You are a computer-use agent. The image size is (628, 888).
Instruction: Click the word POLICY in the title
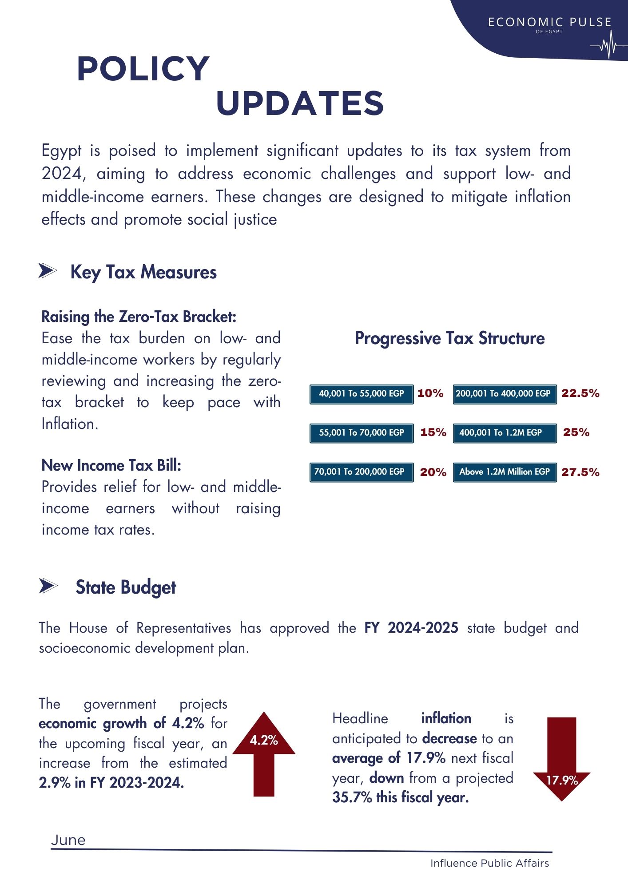tap(143, 69)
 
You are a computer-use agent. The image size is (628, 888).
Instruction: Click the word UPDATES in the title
tap(300, 103)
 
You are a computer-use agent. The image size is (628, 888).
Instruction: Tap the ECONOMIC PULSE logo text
tap(549, 23)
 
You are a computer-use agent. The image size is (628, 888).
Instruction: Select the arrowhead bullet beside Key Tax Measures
tap(48, 271)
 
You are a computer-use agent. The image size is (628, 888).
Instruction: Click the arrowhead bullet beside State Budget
tap(48, 586)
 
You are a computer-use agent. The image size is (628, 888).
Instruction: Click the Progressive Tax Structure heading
tap(449, 338)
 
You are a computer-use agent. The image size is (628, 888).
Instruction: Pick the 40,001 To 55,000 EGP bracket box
tap(362, 394)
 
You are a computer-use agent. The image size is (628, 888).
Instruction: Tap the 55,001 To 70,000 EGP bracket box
tap(362, 433)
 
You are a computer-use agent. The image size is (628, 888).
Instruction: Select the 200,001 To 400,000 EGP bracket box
tap(505, 394)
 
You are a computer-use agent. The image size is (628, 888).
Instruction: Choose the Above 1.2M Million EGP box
tap(505, 472)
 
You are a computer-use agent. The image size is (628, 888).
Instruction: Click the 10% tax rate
tap(430, 393)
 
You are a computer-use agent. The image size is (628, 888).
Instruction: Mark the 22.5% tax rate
tap(580, 393)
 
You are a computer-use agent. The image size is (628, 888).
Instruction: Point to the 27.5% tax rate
tap(580, 472)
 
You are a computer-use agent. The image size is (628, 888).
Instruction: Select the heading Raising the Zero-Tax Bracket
tap(139, 317)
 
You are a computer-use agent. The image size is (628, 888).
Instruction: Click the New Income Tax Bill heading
tap(111, 465)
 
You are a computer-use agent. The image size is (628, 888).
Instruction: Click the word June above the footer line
tap(68, 840)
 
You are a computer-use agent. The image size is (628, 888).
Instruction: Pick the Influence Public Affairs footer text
tap(489, 863)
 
